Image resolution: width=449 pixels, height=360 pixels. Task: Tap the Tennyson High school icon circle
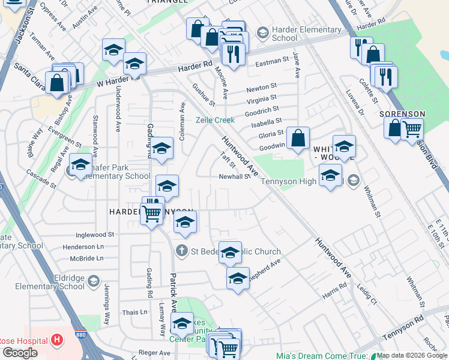[x=354, y=180]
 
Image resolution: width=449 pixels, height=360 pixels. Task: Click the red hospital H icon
[x=57, y=341]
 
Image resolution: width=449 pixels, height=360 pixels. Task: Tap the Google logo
[x=20, y=353]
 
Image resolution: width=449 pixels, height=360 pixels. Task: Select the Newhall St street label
[x=234, y=176]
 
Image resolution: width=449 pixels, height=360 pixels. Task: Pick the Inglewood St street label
[x=95, y=235]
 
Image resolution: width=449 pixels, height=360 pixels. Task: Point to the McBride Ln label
[x=86, y=258]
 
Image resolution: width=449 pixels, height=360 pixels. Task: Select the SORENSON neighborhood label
[x=402, y=114]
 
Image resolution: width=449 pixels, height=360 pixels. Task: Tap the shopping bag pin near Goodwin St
[x=298, y=139]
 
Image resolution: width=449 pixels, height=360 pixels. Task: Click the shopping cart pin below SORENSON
[x=412, y=128]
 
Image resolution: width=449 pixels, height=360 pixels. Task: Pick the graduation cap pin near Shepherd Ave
[x=238, y=278]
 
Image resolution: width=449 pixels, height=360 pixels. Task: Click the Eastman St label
[x=272, y=61]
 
